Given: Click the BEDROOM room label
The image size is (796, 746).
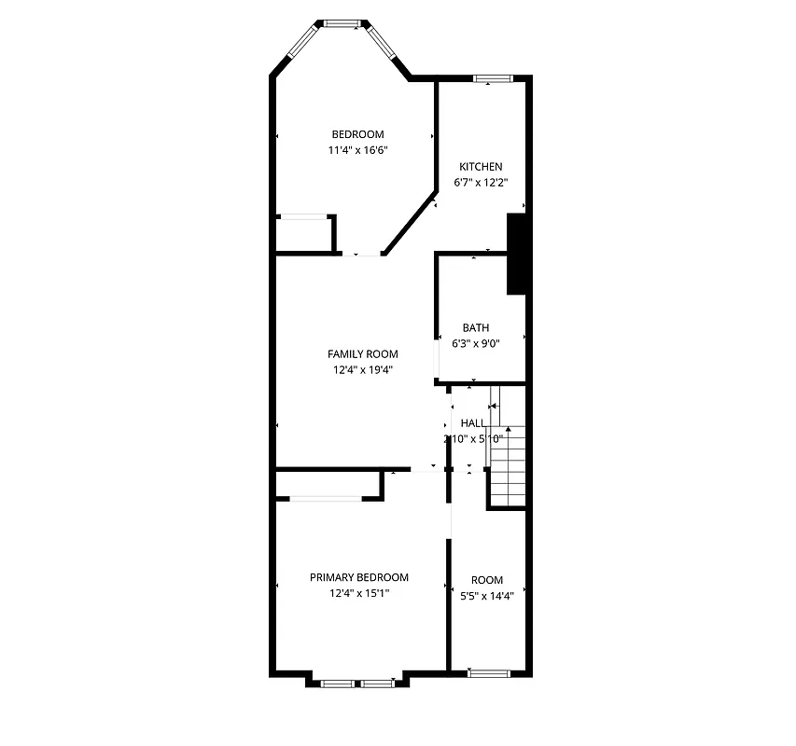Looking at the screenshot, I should pos(357,134).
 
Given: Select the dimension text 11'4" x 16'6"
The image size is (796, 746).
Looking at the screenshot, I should pos(357,149).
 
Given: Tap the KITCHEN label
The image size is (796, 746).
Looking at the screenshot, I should pos(481,167).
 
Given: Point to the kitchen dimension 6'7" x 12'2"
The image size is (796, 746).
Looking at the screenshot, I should pos(481,182).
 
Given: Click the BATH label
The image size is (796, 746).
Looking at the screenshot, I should pos(476,328).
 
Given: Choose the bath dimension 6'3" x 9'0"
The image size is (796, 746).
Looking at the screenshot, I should pos(476,343).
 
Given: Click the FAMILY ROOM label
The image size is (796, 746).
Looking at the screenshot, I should pos(362,354).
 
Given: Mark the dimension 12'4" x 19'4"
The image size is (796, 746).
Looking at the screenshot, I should pos(362,369).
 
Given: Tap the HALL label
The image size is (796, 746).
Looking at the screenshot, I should pos(473,423).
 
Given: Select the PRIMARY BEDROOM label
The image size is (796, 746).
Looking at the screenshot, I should pos(359,578).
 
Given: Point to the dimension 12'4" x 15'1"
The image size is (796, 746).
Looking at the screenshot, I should pos(359,593).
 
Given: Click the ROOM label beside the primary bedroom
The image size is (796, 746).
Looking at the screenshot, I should pos(487,580).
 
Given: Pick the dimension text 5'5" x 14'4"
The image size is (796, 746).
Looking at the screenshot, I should pos(487,595).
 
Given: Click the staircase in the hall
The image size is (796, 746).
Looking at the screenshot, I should pos(509,466).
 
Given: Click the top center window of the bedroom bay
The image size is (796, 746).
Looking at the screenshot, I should pos(341,22).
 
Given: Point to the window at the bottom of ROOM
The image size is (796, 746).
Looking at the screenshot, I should pos(488,672).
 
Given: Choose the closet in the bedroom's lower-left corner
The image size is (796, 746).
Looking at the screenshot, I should pos(305,233).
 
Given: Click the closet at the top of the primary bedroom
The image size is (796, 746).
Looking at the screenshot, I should pos(327,485).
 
